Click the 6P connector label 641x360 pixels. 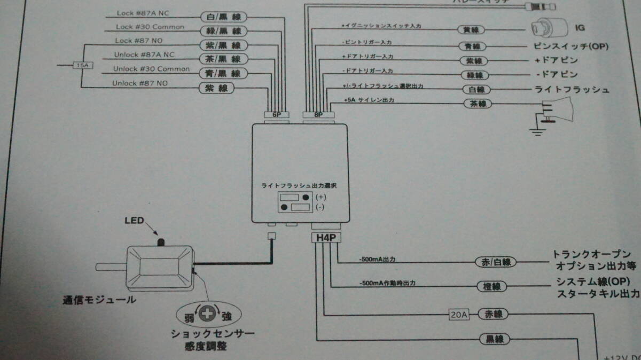pyautogui.click(x=276, y=114)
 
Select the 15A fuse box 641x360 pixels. pyautogui.click(x=81, y=66)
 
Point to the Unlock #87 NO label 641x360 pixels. pyautogui.click(x=140, y=83)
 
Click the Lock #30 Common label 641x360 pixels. pyautogui.click(x=150, y=27)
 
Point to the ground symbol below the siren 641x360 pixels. pyautogui.click(x=534, y=130)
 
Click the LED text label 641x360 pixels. pyautogui.click(x=135, y=220)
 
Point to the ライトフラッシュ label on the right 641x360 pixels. pyautogui.click(x=572, y=90)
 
